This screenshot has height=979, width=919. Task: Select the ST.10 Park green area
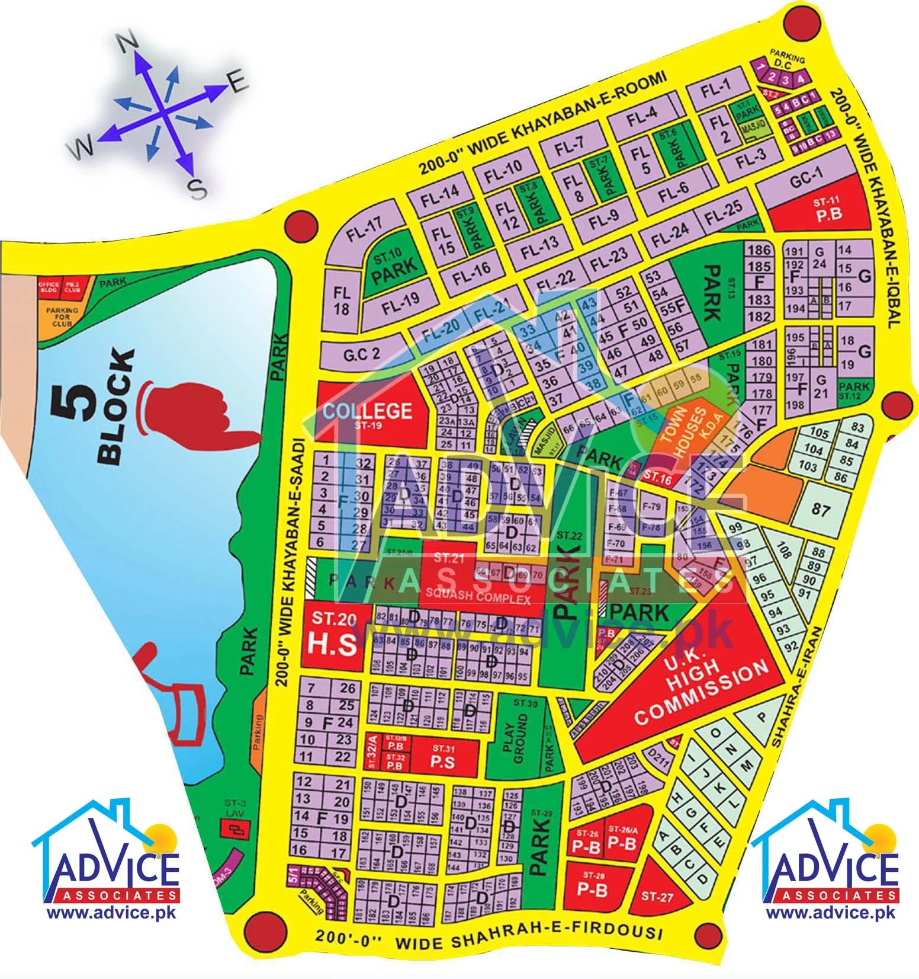point(394,270)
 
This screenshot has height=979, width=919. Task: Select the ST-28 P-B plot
point(592,888)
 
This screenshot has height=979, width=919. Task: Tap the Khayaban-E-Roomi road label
point(542,125)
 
